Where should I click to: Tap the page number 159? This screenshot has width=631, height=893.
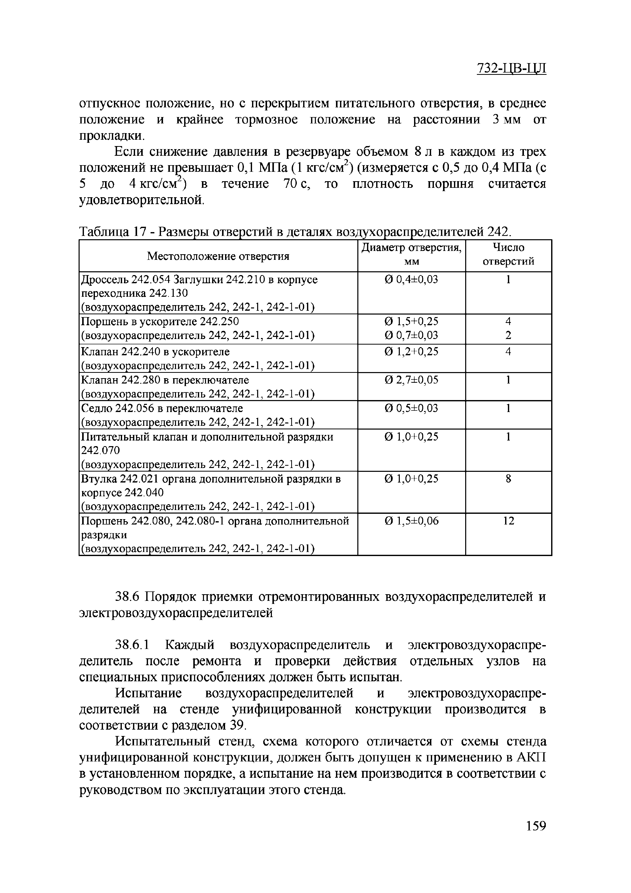pyautogui.click(x=536, y=836)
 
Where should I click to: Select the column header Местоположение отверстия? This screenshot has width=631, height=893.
pyautogui.click(x=218, y=256)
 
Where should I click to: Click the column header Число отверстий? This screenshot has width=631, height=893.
pyautogui.click(x=508, y=254)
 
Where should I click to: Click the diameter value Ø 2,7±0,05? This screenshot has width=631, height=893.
pyautogui.click(x=411, y=380)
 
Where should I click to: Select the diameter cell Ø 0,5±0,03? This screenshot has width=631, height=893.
pyautogui.click(x=411, y=408)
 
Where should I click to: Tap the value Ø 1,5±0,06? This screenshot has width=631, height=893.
pyautogui.click(x=411, y=521)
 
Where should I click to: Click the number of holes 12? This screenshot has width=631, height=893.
pyautogui.click(x=508, y=521)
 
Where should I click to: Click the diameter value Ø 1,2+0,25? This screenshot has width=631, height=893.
pyautogui.click(x=411, y=352)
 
